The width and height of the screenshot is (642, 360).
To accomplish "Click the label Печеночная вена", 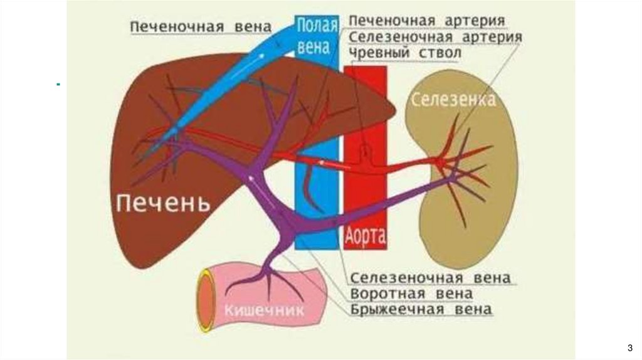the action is coord(201,27).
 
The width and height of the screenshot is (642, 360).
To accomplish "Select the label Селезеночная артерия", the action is coord(435,37).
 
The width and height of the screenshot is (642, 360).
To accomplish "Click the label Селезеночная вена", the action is coord(430,277).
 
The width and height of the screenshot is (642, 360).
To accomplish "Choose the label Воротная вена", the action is coord(411,294).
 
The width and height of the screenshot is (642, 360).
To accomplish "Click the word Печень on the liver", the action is coord(162,203).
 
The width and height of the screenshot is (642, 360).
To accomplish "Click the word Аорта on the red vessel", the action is coord(365,237).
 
